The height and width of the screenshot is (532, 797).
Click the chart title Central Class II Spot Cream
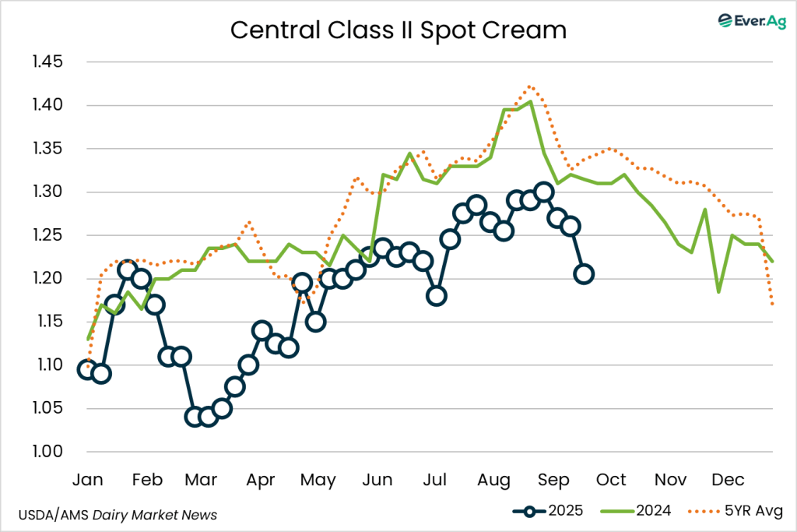point(398,30)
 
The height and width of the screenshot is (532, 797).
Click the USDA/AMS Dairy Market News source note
point(118,514)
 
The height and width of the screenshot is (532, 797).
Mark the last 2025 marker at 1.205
point(584,273)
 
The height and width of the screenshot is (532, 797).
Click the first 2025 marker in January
point(87,369)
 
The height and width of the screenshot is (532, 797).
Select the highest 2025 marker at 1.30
point(544,192)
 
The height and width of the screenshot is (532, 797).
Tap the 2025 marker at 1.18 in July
point(437,295)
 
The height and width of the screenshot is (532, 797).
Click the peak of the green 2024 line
point(530,101)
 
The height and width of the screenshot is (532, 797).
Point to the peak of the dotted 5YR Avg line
point(530,86)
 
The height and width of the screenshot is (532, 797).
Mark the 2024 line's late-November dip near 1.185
point(718,292)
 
